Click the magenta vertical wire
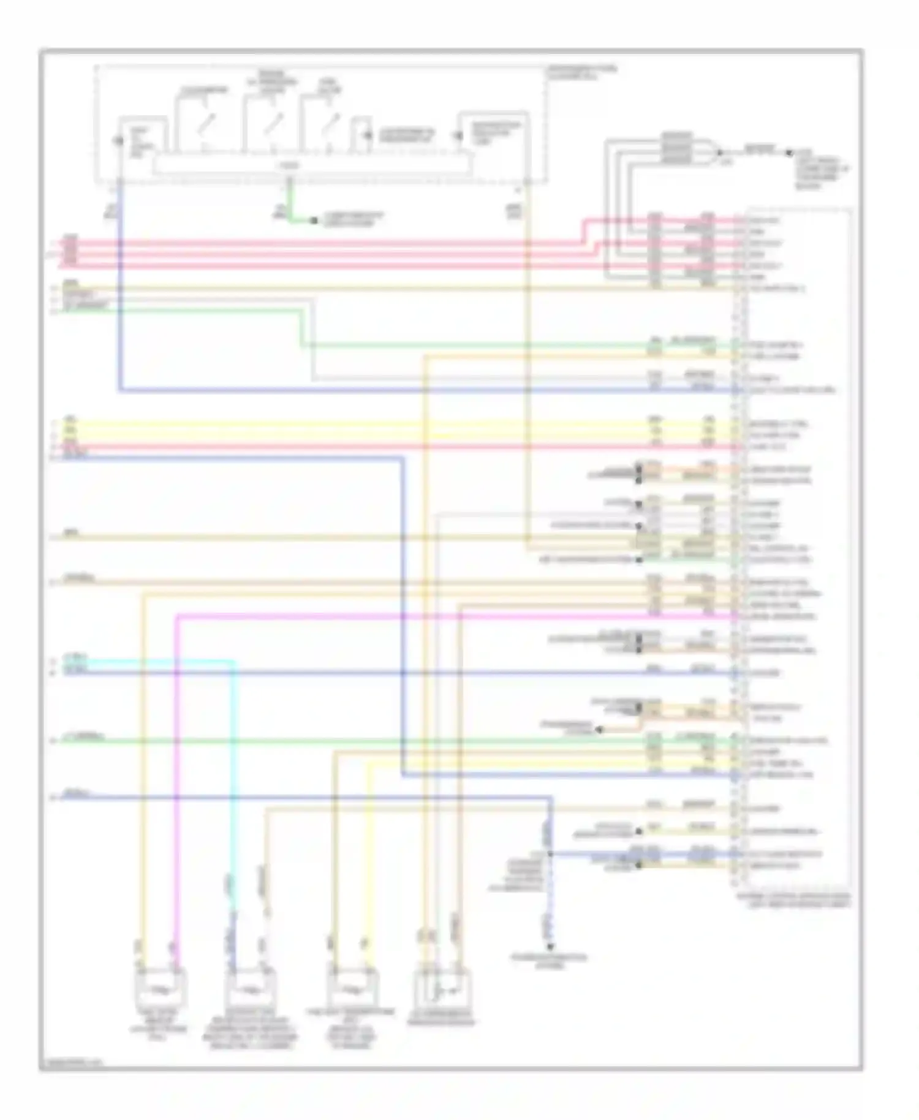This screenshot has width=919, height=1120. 176,766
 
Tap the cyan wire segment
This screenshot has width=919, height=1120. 233,766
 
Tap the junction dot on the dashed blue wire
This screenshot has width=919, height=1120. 550,853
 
